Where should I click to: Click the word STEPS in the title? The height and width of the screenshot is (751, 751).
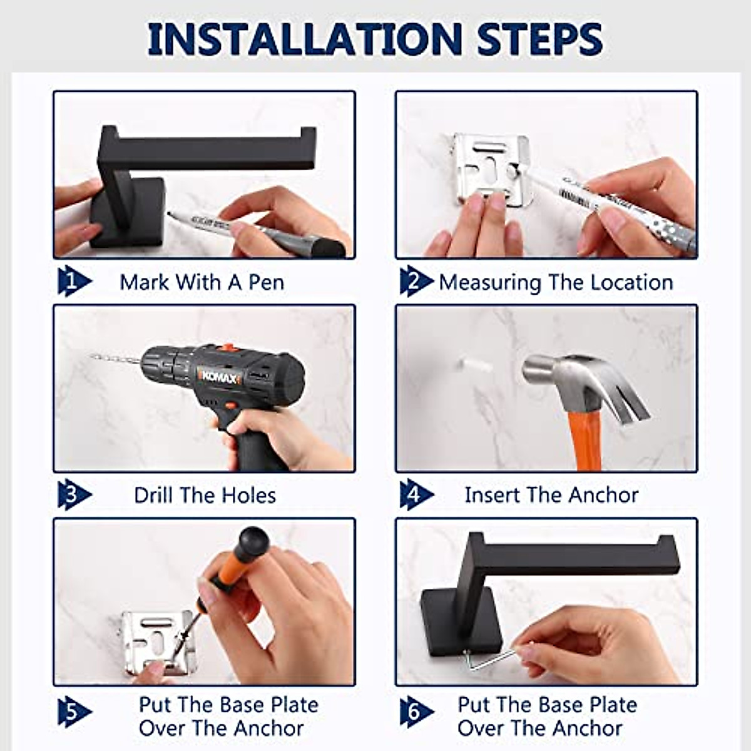(x=539, y=39)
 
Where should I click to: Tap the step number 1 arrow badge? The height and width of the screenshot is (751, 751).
(x=73, y=282)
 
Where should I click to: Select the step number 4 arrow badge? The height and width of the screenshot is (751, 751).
(x=416, y=495)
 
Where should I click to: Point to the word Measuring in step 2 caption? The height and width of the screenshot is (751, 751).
(x=489, y=283)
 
